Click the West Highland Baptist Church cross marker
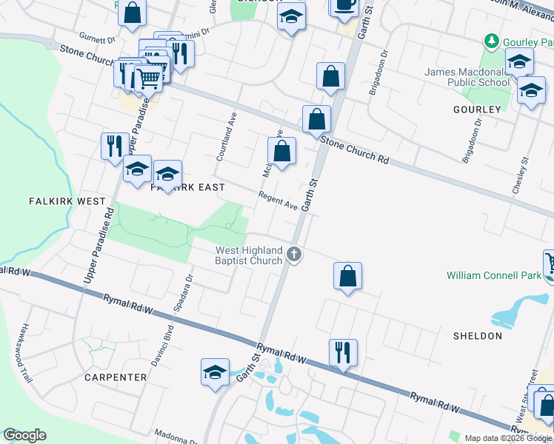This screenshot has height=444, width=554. (x=295, y=255)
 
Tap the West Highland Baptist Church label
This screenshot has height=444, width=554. (x=249, y=255)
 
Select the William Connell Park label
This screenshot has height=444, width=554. (x=494, y=275)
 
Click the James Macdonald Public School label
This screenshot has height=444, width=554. (x=467, y=77)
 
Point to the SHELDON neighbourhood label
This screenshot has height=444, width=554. (x=478, y=336)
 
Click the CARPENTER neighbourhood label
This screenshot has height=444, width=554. (x=116, y=377)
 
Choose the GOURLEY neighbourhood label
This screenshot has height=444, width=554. (x=477, y=110)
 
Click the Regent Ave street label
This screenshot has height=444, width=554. (x=278, y=201)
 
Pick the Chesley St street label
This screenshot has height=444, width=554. (x=521, y=175)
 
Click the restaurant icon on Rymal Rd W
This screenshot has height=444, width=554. (x=343, y=351)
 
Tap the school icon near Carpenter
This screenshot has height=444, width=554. (x=215, y=371)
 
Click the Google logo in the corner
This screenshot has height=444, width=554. (x=24, y=435)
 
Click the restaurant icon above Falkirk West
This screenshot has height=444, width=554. (x=114, y=145)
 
